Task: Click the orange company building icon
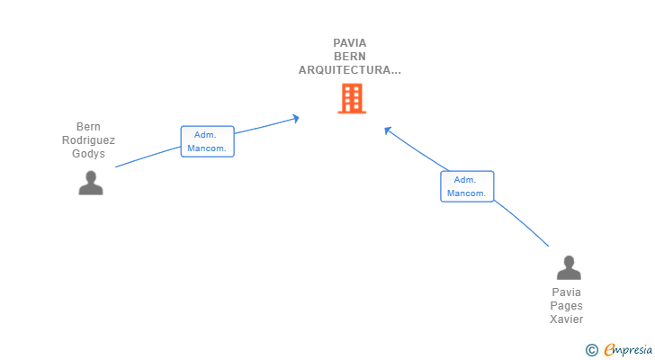pyautogui.click(x=352, y=99)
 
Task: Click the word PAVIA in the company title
pyautogui.click(x=350, y=42)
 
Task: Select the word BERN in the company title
pyautogui.click(x=350, y=56)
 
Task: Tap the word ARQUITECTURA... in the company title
pyautogui.click(x=350, y=69)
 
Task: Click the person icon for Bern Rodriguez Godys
pyautogui.click(x=90, y=183)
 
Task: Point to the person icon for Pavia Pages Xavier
pyautogui.click(x=569, y=268)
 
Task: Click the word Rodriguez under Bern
pyautogui.click(x=88, y=140)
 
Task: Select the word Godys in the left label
pyautogui.click(x=88, y=154)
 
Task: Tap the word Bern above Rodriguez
pyautogui.click(x=88, y=127)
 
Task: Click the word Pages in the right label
pyautogui.click(x=568, y=306)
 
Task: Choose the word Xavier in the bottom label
pyautogui.click(x=568, y=319)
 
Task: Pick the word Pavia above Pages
pyautogui.click(x=568, y=292)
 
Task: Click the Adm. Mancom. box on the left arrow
pyautogui.click(x=207, y=141)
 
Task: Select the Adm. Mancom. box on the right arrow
pyautogui.click(x=467, y=186)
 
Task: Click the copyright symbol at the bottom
pyautogui.click(x=591, y=349)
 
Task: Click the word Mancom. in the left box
pyautogui.click(x=207, y=148)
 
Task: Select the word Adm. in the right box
pyautogui.click(x=467, y=180)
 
